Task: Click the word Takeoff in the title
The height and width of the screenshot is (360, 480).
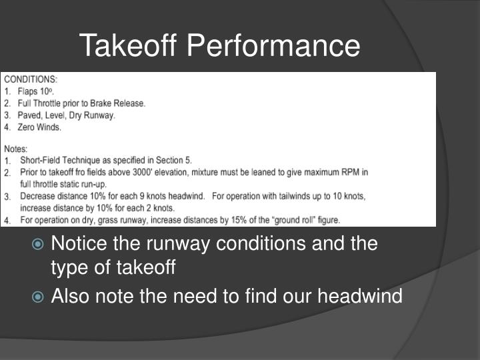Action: tap(129, 45)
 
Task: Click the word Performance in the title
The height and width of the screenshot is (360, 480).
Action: tap(273, 45)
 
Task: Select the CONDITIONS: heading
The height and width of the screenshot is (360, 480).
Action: tap(31, 79)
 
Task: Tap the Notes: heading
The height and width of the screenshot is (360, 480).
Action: tap(15, 149)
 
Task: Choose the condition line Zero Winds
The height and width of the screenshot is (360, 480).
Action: tap(40, 127)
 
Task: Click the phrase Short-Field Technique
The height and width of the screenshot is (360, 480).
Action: tap(58, 161)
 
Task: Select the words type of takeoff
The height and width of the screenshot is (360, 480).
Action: tap(113, 268)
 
